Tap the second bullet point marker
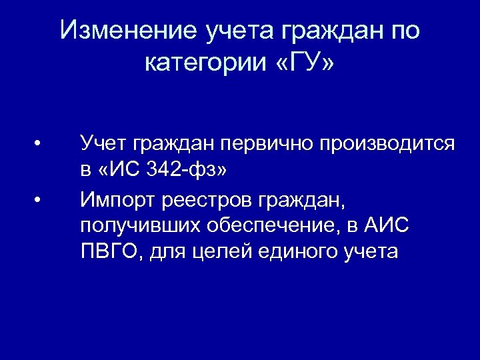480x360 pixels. tap(41, 198)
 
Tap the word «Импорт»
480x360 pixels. tap(113, 198)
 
